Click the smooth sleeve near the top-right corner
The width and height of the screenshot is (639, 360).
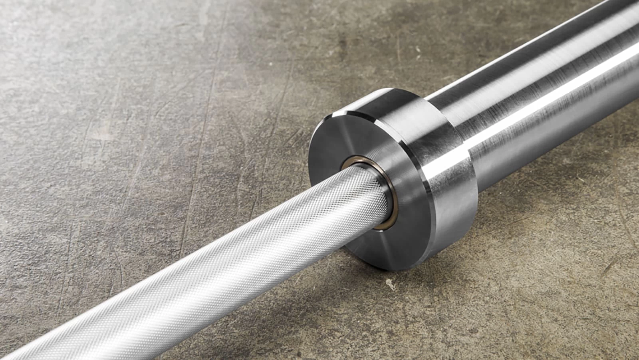607,24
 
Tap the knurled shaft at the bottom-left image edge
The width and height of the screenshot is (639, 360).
16,352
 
